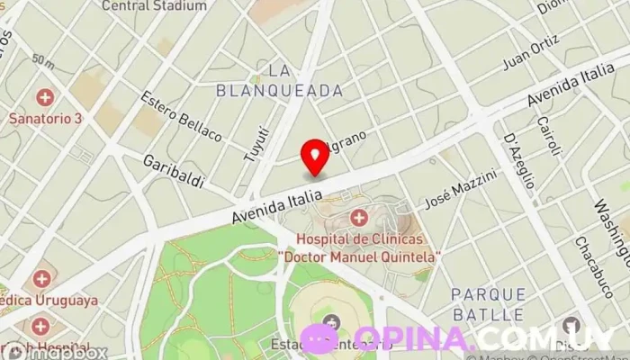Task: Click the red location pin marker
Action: (x=315, y=157)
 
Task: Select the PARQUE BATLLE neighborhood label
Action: (x=487, y=304)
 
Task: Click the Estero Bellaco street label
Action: (x=181, y=116)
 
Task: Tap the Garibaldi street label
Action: (x=175, y=173)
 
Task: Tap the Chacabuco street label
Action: (x=588, y=261)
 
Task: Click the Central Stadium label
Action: (x=154, y=5)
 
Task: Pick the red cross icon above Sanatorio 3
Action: (x=44, y=97)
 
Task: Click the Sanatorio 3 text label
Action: (x=46, y=118)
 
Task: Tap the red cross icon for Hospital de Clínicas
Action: (x=359, y=217)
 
